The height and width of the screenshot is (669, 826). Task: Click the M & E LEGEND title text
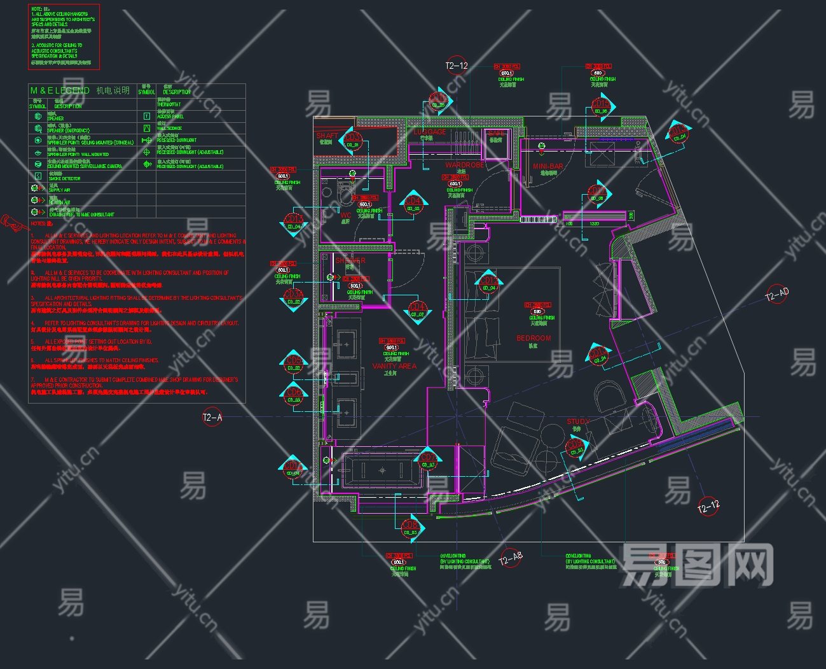click(x=60, y=90)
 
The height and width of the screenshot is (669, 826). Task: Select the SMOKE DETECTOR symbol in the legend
click(x=38, y=176)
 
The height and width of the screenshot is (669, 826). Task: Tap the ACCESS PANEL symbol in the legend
click(x=147, y=116)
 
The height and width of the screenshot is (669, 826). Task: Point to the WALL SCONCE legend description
click(x=169, y=129)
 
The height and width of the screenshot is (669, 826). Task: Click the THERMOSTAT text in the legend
click(x=169, y=104)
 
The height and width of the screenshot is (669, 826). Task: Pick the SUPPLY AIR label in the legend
click(x=60, y=190)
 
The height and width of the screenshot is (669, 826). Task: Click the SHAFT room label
click(x=327, y=136)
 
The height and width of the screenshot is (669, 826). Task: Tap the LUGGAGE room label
click(x=430, y=132)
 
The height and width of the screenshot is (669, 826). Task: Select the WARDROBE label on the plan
click(x=464, y=165)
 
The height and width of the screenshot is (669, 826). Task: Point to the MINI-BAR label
click(x=547, y=166)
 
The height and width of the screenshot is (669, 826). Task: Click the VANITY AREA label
click(x=394, y=366)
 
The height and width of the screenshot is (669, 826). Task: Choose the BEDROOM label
click(x=533, y=338)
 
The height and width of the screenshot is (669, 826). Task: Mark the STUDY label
click(x=578, y=421)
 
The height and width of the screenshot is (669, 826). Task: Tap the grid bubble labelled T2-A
click(x=212, y=418)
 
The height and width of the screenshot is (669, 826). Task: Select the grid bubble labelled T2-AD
click(x=776, y=295)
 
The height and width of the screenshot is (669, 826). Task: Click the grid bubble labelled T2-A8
click(x=510, y=559)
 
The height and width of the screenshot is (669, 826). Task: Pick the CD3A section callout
click(x=294, y=297)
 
